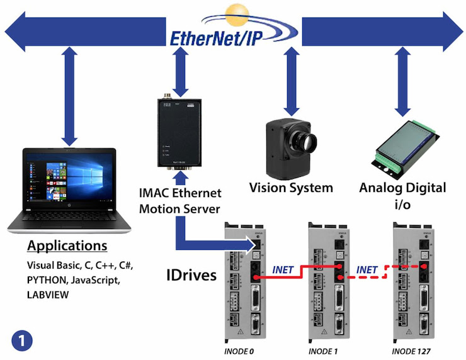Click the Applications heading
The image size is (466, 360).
coord(67,245)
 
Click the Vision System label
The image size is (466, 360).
coord(291,188)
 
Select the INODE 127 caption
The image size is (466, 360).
coord(413,351)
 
